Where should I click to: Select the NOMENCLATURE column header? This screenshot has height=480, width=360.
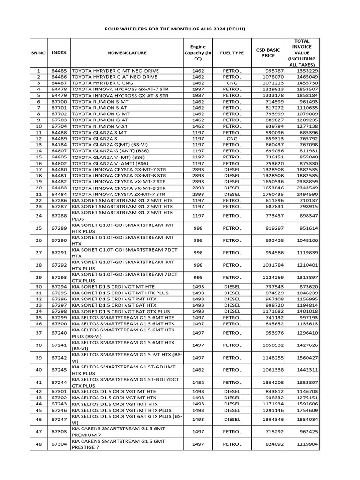pos(127,53)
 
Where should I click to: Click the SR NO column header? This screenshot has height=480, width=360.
pos(39,53)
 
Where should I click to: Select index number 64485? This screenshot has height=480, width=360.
pos(59,71)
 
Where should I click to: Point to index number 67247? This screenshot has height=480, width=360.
pos(59,419)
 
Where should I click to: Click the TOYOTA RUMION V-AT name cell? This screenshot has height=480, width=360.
pos(100,126)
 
